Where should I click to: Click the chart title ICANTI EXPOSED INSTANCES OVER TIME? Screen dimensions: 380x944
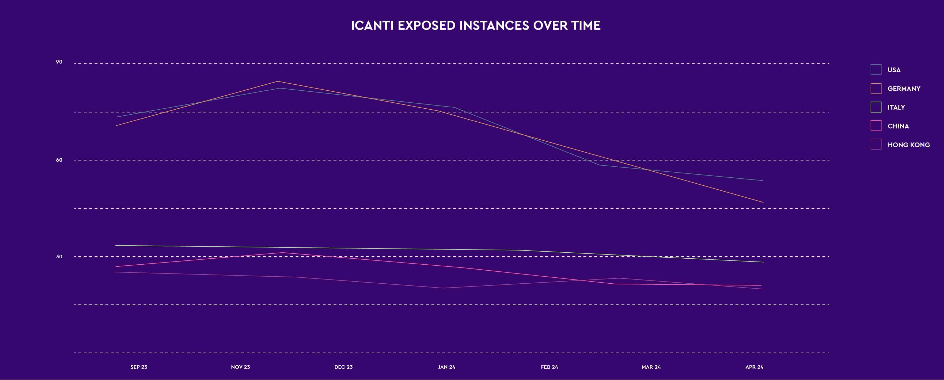pos(476,25)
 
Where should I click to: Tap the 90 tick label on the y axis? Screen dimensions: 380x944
pos(59,62)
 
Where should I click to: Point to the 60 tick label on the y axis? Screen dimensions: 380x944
pos(59,160)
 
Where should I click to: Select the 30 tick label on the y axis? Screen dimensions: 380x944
pos(59,256)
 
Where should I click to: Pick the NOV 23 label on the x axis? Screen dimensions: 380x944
pos(240,367)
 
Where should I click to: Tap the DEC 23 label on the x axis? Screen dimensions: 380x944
pos(343,367)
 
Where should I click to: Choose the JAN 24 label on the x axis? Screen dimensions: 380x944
pos(447,367)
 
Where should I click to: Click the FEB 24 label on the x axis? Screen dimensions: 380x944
pos(549,367)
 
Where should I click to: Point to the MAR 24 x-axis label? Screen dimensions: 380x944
pos(651,367)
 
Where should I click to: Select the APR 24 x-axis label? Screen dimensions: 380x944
pos(754,367)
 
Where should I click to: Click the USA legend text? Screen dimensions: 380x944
pos(894,70)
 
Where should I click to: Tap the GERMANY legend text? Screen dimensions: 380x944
pos(904,88)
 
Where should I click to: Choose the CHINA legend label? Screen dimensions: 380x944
pos(898,126)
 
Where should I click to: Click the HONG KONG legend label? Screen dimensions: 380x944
pos(908,145)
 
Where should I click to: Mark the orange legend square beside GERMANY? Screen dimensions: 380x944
pos(876,88)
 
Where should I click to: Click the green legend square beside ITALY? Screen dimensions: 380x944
pos(876,107)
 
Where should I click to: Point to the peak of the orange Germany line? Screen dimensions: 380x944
pos(278,82)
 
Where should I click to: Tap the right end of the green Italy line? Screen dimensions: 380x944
pos(764,262)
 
